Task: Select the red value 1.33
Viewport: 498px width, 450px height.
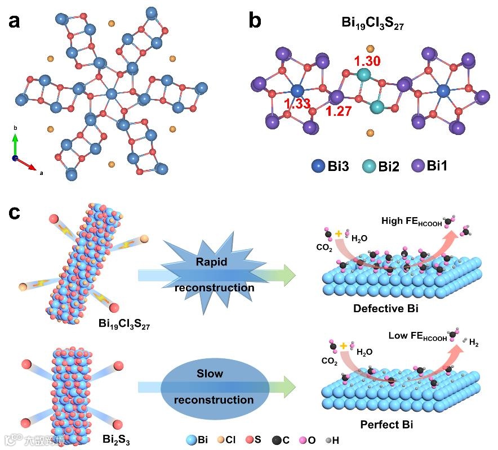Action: pos(296,103)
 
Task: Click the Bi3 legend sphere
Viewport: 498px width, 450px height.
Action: pos(319,166)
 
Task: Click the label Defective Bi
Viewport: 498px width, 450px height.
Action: pos(385,309)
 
